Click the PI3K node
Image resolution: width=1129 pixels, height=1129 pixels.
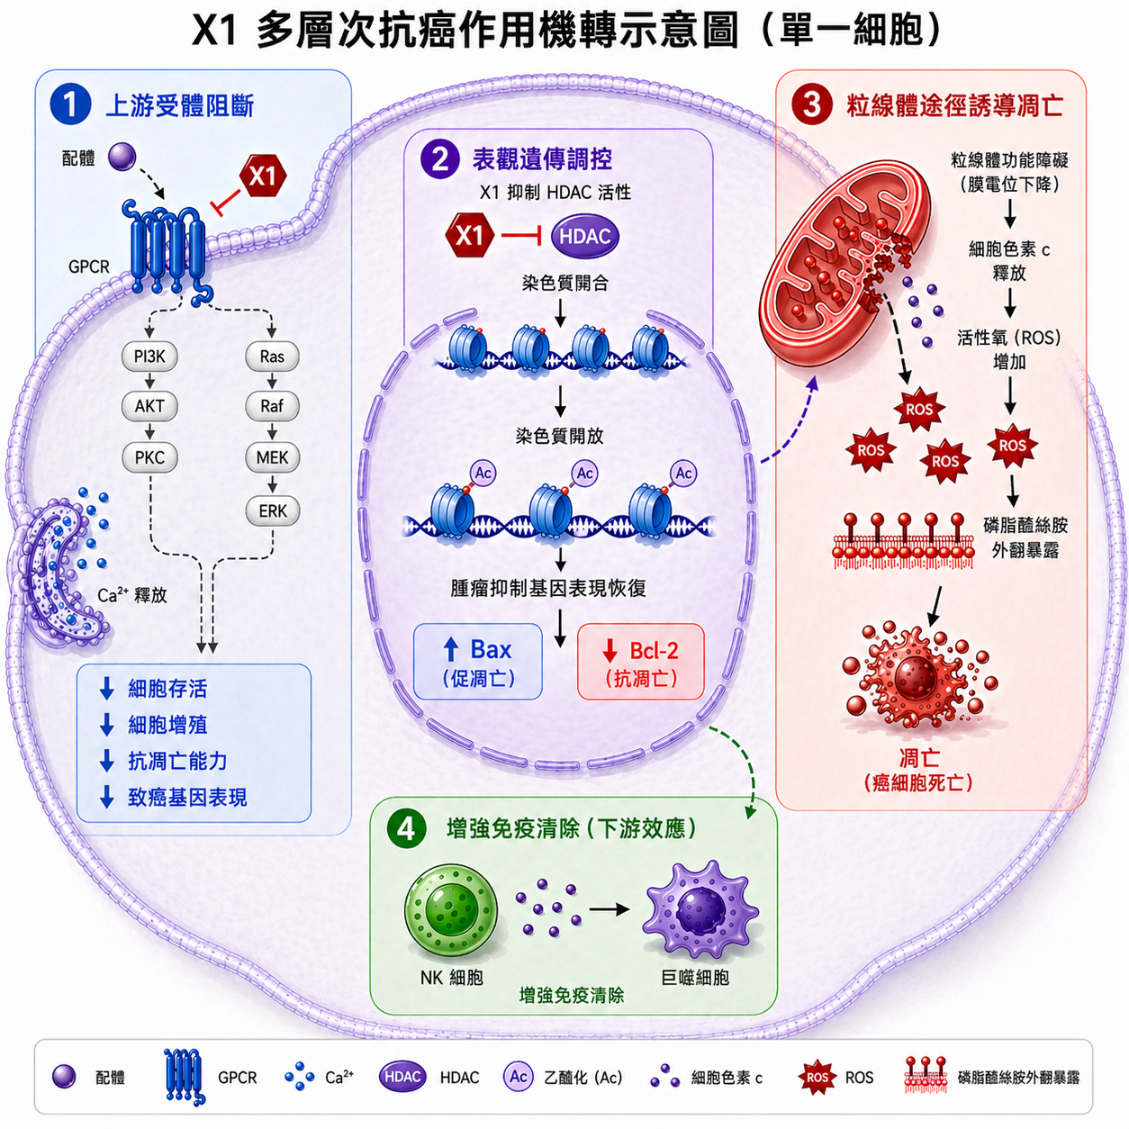tap(149, 357)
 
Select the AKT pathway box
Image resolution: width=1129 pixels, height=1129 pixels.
tap(149, 406)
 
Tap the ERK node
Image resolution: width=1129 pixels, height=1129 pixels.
tap(273, 511)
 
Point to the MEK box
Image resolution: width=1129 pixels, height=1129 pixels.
tap(273, 457)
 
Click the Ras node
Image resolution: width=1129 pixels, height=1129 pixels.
tap(272, 357)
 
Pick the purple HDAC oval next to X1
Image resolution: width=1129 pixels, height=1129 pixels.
tap(584, 237)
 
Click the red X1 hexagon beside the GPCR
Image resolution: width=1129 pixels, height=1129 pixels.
tap(263, 176)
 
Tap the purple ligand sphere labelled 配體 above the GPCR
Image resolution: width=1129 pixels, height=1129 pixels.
tap(122, 157)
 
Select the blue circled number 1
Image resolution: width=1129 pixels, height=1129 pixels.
tap(70, 105)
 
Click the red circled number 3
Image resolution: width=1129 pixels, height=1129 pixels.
tap(811, 105)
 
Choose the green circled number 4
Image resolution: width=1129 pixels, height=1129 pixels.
tap(406, 829)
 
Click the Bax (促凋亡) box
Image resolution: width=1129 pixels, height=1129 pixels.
tap(478, 662)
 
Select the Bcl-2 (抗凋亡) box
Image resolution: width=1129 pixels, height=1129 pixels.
tap(641, 662)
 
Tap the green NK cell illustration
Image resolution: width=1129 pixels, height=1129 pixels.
tap(451, 913)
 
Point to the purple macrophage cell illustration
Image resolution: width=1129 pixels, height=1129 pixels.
tap(701, 910)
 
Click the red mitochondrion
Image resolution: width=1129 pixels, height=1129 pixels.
tap(844, 267)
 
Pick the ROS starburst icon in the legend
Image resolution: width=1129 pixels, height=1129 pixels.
tap(817, 1078)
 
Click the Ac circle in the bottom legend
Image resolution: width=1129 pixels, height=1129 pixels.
tap(519, 1077)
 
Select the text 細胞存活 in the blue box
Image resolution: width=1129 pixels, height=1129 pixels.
tap(168, 689)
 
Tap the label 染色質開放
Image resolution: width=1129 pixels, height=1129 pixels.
tap(559, 436)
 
